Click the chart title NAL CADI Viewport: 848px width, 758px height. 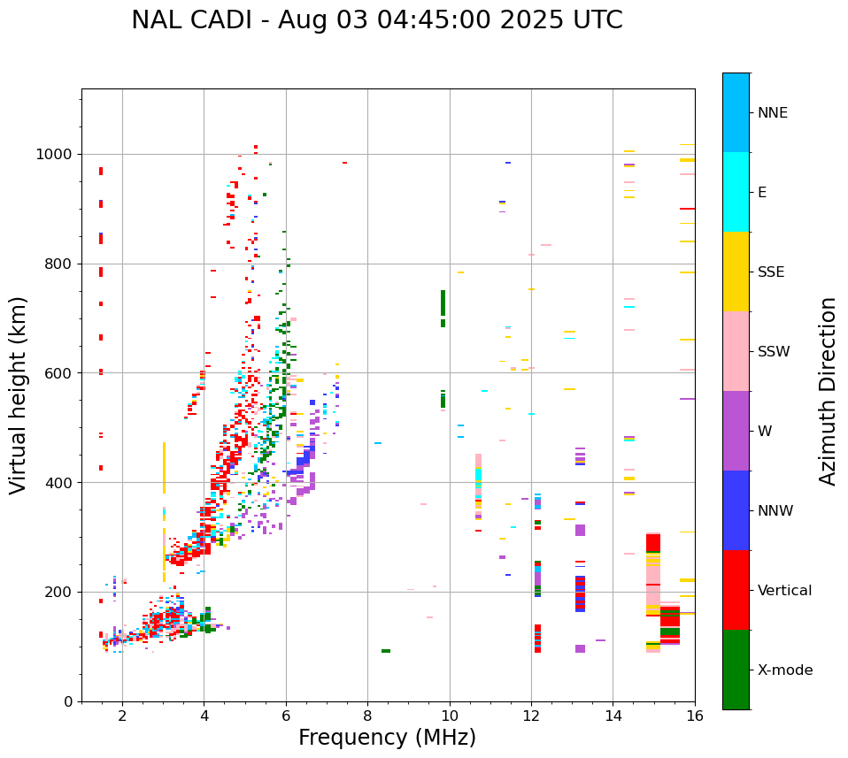[x=376, y=20]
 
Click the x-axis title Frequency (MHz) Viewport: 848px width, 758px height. [x=387, y=738]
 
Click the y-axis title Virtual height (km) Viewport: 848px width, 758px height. [x=19, y=394]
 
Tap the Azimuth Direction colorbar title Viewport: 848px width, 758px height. [x=828, y=391]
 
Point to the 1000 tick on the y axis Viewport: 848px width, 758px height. [x=59, y=154]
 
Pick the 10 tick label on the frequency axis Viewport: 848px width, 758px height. [x=450, y=716]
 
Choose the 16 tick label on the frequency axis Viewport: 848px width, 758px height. [x=695, y=716]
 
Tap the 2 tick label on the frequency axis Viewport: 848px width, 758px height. [x=122, y=716]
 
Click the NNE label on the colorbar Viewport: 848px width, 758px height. [x=772, y=113]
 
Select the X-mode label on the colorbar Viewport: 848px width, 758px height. [x=784, y=670]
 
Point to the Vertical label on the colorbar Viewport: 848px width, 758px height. [x=784, y=591]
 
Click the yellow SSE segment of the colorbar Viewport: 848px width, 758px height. [x=736, y=272]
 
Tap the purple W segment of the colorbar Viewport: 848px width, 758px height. [x=736, y=431]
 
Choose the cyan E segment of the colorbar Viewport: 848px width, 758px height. [x=736, y=192]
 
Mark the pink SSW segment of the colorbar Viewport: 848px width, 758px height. [x=736, y=351]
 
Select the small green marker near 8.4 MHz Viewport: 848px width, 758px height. [x=386, y=651]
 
